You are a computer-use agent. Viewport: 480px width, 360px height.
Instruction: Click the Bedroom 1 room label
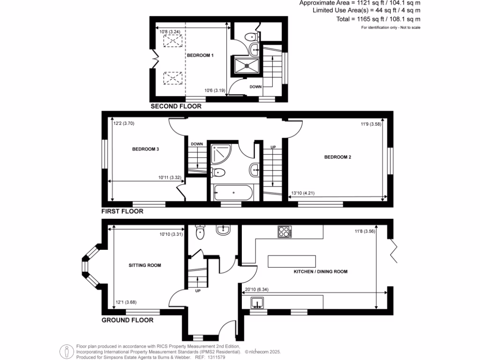click(200, 55)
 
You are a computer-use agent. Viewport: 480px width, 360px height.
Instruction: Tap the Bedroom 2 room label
click(337, 157)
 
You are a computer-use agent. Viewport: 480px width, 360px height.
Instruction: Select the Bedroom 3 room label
click(146, 150)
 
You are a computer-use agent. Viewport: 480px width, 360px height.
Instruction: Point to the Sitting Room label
click(145, 265)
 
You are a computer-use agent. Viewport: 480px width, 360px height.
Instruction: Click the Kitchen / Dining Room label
click(321, 272)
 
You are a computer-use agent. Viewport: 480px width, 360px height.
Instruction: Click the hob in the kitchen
click(284, 232)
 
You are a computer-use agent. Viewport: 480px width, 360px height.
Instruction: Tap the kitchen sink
click(257, 303)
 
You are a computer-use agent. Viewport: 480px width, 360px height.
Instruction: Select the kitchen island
click(292, 260)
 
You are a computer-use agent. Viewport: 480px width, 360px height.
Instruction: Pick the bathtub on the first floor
click(233, 192)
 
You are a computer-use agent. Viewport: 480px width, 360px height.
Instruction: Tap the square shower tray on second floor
click(247, 66)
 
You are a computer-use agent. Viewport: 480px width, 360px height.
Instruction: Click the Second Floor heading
click(176, 106)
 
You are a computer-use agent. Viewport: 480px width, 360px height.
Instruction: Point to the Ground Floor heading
click(127, 321)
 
